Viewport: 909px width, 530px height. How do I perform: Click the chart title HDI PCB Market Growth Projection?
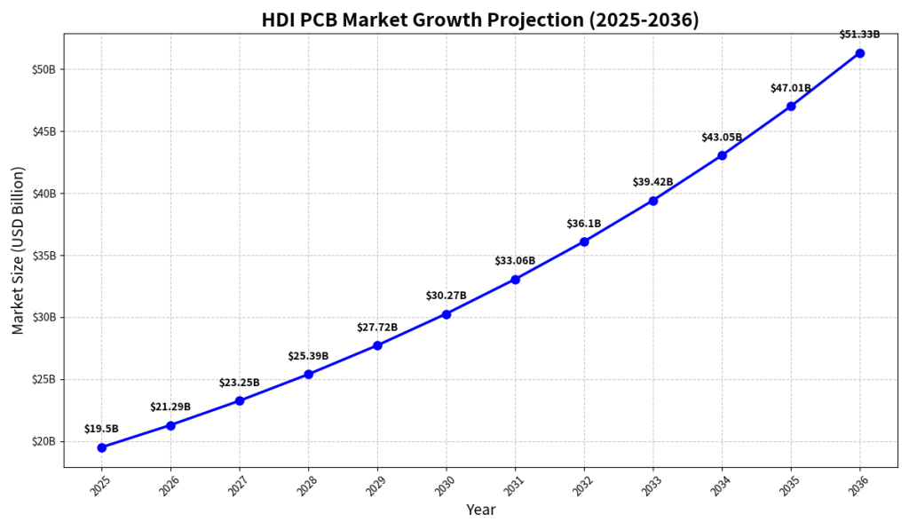(x=480, y=20)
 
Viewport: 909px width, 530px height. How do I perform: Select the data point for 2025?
(x=102, y=447)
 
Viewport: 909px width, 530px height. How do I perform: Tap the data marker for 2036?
(x=859, y=53)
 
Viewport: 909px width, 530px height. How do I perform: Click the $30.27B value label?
(x=446, y=296)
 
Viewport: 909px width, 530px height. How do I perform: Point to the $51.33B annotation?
(x=859, y=35)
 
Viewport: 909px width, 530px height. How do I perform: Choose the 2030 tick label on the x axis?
(x=446, y=486)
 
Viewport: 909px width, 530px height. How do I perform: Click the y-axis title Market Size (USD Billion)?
(x=19, y=250)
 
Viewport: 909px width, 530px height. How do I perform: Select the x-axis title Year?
(x=480, y=510)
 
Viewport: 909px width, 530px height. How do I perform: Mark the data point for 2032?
(x=584, y=241)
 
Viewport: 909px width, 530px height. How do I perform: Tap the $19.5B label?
(x=101, y=429)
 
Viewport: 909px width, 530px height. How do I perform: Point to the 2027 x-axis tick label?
(x=240, y=486)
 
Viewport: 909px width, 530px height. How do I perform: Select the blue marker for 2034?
(x=722, y=155)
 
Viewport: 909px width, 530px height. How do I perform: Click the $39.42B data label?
(x=652, y=182)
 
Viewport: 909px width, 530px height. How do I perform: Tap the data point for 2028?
(x=308, y=374)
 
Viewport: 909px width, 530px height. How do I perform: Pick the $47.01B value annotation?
(x=790, y=88)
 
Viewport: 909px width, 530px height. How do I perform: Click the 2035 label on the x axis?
(x=790, y=486)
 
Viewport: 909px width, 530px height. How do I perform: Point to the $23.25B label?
(x=239, y=383)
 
